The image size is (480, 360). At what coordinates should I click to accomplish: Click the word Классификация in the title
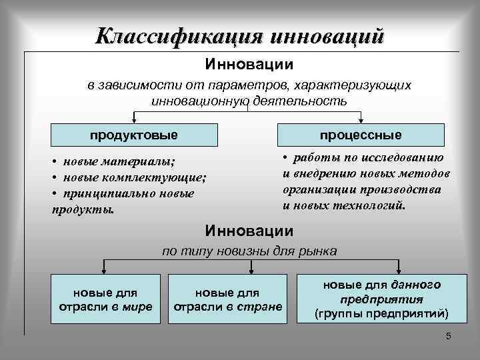179,35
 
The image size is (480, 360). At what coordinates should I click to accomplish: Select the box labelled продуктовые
134,135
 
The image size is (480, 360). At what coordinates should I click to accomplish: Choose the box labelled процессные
361,135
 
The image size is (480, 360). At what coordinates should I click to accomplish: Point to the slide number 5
448,337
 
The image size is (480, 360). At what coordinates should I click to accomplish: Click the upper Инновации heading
249,66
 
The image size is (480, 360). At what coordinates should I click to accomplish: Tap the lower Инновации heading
249,231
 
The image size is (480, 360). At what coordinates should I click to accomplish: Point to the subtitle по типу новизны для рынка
250,251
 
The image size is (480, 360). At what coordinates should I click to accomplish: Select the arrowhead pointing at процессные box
361,121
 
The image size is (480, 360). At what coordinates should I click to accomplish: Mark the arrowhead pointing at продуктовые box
134,121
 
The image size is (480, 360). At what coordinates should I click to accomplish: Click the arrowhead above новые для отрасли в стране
250,270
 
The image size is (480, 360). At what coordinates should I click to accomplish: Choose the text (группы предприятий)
381,313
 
